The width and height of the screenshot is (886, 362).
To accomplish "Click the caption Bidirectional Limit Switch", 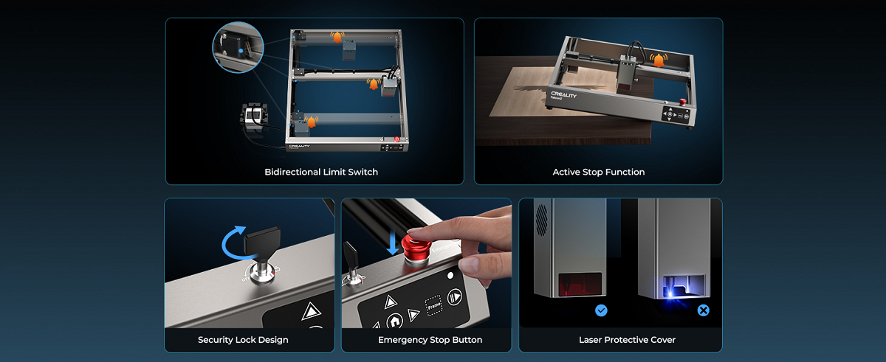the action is click(321, 172).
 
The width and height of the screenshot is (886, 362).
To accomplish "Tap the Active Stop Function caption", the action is click(599, 172).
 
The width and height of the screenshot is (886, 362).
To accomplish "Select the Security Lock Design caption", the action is click(243, 340).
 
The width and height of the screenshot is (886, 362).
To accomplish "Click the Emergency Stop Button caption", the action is click(430, 340).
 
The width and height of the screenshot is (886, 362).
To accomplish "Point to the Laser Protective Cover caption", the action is click(627, 340).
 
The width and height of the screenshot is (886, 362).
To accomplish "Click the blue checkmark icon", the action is click(601, 310).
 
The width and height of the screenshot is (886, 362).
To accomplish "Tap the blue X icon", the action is click(703, 310).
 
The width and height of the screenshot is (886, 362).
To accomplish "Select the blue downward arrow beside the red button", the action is click(393, 243).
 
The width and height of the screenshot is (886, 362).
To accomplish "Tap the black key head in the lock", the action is click(262, 240).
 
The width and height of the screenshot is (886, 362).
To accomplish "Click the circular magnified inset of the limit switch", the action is click(238, 47).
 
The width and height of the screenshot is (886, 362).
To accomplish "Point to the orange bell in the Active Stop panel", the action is click(659, 60).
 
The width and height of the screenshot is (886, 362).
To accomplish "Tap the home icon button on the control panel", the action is click(394, 321).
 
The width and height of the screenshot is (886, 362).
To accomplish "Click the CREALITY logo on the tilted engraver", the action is click(563, 94).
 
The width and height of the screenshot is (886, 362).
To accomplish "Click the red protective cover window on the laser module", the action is click(580, 285).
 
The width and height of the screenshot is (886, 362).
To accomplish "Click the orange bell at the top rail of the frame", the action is click(337, 37).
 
